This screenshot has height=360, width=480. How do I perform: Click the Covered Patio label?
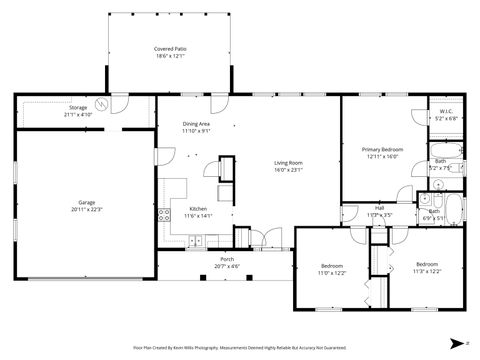(x=169, y=49)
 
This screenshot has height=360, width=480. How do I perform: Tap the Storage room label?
(x=78, y=107)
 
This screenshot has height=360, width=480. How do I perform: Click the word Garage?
(x=87, y=202)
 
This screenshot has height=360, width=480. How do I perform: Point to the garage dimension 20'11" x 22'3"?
(x=87, y=209)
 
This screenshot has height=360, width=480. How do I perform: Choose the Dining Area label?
(x=196, y=124)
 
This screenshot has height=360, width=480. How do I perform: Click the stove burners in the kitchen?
(x=163, y=212)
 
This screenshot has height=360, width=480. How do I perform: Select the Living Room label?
(x=289, y=163)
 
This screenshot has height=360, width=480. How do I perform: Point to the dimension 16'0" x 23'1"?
(x=289, y=170)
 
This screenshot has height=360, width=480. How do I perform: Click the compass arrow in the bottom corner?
(x=456, y=341)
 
